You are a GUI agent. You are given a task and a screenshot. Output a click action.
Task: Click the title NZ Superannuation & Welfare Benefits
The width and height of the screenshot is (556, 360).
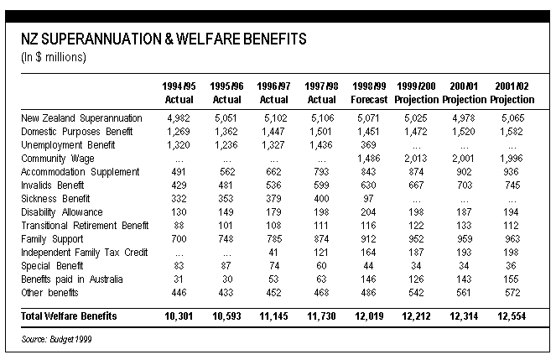click(x=164, y=39)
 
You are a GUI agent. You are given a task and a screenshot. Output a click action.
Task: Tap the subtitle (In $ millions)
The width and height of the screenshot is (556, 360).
click(x=53, y=57)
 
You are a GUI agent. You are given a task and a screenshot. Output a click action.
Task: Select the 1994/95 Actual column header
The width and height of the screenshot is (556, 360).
click(x=179, y=93)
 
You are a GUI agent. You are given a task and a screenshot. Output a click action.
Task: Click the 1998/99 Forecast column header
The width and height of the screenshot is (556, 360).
click(x=369, y=93)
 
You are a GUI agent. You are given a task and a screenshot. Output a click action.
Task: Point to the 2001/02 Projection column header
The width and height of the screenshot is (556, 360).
click(x=512, y=93)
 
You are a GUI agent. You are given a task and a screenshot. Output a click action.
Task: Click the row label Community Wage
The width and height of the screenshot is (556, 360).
click(x=57, y=159)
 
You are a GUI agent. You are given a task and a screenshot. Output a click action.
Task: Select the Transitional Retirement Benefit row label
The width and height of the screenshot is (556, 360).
click(x=85, y=226)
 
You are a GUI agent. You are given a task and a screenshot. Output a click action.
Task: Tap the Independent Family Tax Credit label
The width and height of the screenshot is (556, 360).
click(x=85, y=253)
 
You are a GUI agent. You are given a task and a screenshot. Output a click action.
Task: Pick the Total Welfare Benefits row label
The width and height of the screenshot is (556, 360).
click(x=69, y=316)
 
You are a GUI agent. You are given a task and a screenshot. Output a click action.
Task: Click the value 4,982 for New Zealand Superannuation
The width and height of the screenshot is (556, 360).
click(x=179, y=118)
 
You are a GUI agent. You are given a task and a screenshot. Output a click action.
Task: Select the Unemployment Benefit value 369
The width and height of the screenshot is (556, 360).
click(x=368, y=144)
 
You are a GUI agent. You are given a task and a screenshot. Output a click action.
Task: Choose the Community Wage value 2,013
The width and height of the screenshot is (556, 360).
click(x=416, y=159)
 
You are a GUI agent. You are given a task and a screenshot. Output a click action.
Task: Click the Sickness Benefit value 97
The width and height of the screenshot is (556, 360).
click(x=368, y=199)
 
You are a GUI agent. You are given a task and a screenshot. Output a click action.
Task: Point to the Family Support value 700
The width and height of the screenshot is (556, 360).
click(x=179, y=238)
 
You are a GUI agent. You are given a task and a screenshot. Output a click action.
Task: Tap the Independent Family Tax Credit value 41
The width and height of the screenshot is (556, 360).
click(x=273, y=253)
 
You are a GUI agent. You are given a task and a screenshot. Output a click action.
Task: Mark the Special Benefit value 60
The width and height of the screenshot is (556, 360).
click(x=321, y=266)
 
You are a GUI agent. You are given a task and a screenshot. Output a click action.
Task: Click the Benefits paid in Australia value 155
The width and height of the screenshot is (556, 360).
click(x=511, y=279)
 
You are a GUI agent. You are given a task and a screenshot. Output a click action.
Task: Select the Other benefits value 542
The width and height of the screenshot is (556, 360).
click(x=416, y=293)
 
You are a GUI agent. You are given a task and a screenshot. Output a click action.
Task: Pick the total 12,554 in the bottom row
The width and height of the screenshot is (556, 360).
click(x=512, y=316)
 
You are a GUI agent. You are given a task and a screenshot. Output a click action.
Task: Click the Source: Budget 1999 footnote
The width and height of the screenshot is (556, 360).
click(x=56, y=339)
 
